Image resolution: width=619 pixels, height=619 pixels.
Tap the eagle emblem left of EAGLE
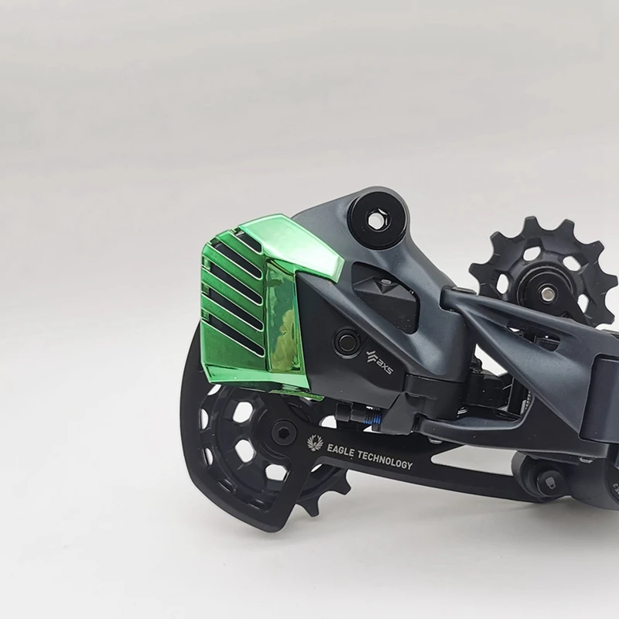[x=314, y=443]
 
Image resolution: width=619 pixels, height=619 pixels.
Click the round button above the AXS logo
[x=344, y=339]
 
